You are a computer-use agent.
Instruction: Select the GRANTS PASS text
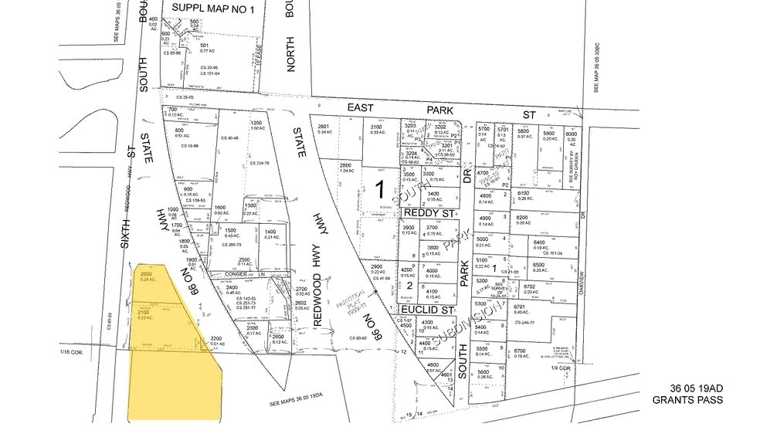tap(688, 401)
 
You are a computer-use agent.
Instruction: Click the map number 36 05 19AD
tap(688, 388)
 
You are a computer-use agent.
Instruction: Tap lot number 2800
tap(345, 165)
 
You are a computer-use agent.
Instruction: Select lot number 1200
tap(256, 123)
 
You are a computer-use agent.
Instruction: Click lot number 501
tap(205, 45)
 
